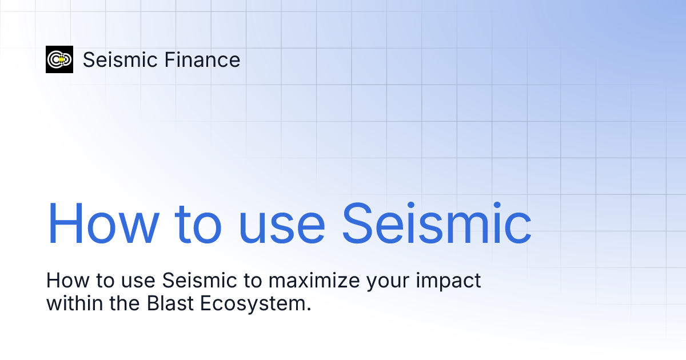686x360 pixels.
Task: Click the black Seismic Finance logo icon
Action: (x=59, y=59)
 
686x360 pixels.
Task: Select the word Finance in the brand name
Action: (x=201, y=60)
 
